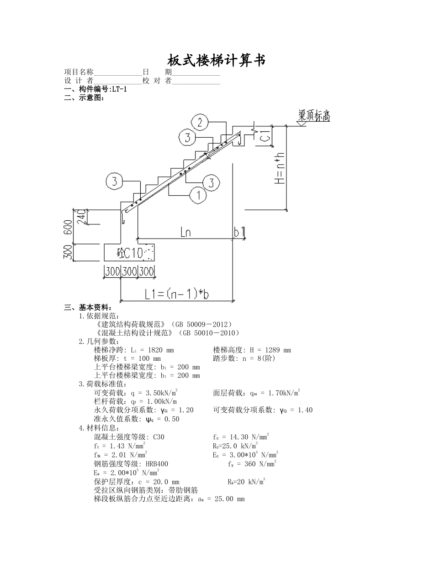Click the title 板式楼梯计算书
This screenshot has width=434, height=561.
coord(217,60)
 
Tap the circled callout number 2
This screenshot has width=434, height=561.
coord(200,122)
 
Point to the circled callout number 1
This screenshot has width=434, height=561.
coord(198,195)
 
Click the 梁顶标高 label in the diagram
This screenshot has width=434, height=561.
coord(314,116)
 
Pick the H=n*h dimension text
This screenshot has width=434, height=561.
coord(280,168)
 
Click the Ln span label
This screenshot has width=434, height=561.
coord(185,233)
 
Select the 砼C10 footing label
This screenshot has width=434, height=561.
coord(130,253)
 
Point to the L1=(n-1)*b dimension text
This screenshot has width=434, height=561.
coord(177,294)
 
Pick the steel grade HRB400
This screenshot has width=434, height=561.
coord(157,464)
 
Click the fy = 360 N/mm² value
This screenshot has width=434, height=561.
coord(252,464)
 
